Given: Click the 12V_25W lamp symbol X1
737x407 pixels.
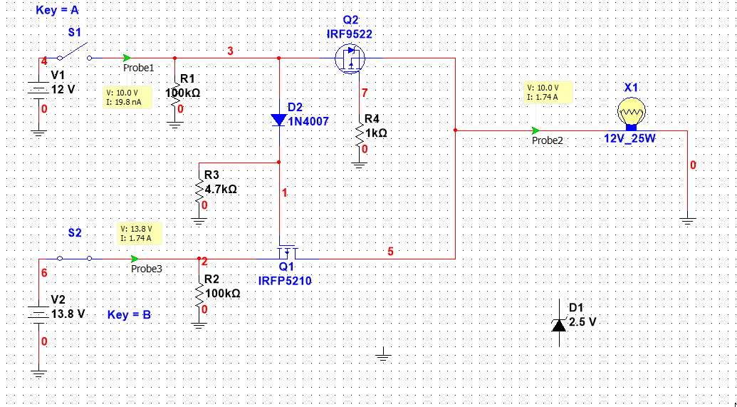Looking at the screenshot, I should [x=630, y=113].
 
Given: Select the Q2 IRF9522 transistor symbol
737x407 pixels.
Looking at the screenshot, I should [x=350, y=59].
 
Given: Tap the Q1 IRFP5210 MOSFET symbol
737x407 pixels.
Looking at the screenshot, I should [x=286, y=252].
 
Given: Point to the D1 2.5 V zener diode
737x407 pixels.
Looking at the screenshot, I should [x=559, y=324].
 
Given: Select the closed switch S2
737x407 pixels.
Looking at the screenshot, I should [x=74, y=259].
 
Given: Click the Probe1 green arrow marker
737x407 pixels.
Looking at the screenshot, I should [x=127, y=58].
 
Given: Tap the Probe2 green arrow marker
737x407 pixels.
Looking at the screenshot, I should [x=535, y=130].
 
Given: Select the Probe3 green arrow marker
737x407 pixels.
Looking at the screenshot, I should [x=135, y=259].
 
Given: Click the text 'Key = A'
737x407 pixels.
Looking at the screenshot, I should [x=57, y=11].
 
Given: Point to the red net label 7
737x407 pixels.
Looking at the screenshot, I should [x=365, y=93].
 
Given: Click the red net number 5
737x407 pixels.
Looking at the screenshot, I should [x=390, y=251].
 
